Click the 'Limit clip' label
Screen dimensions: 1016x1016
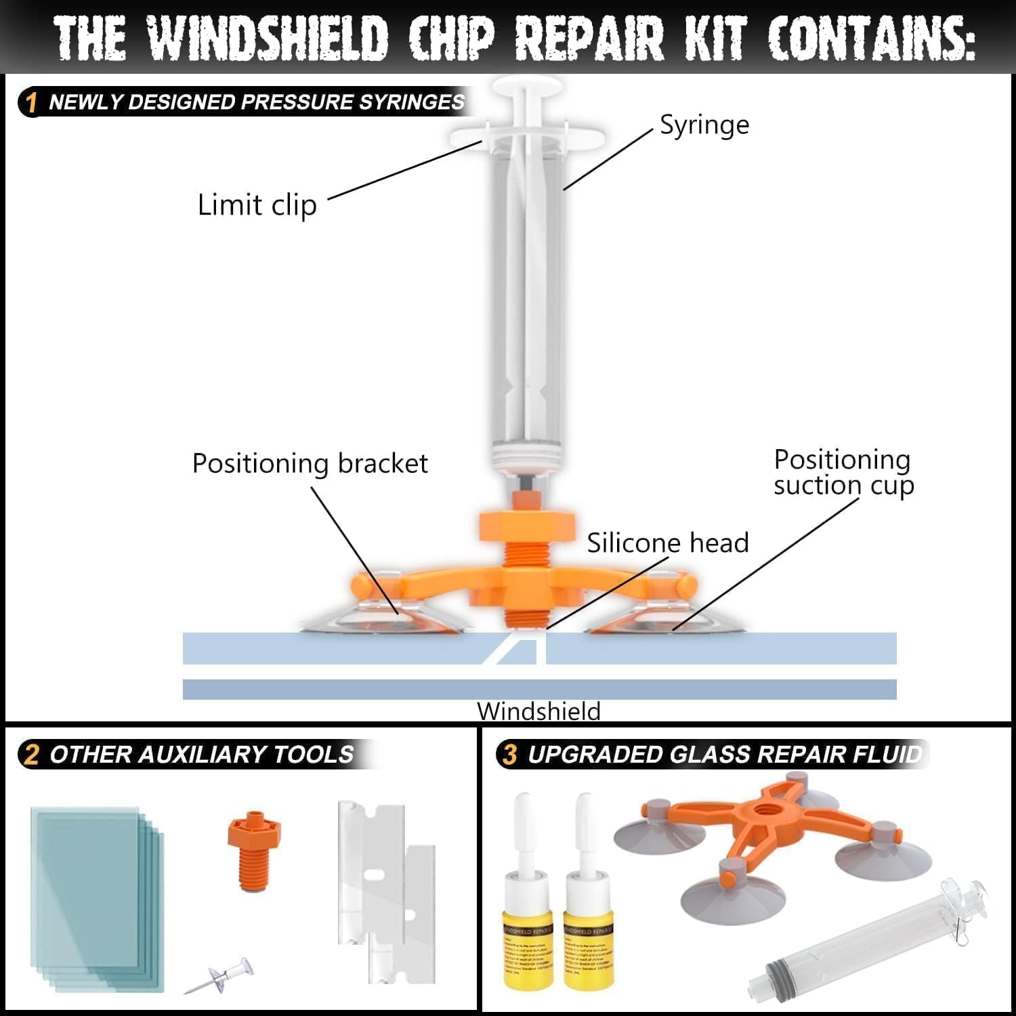point(257,205)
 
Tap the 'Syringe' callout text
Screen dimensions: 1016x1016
point(704,125)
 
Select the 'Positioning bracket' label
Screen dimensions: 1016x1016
point(310,464)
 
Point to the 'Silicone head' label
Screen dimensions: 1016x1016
point(667,543)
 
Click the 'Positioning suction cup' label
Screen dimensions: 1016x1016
point(843,472)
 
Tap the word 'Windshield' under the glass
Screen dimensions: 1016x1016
point(538,711)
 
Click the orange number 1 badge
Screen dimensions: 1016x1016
point(31,103)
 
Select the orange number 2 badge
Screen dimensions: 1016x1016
point(31,755)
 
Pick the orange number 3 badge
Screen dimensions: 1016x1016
point(511,755)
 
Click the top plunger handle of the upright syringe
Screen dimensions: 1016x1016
point(528,87)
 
